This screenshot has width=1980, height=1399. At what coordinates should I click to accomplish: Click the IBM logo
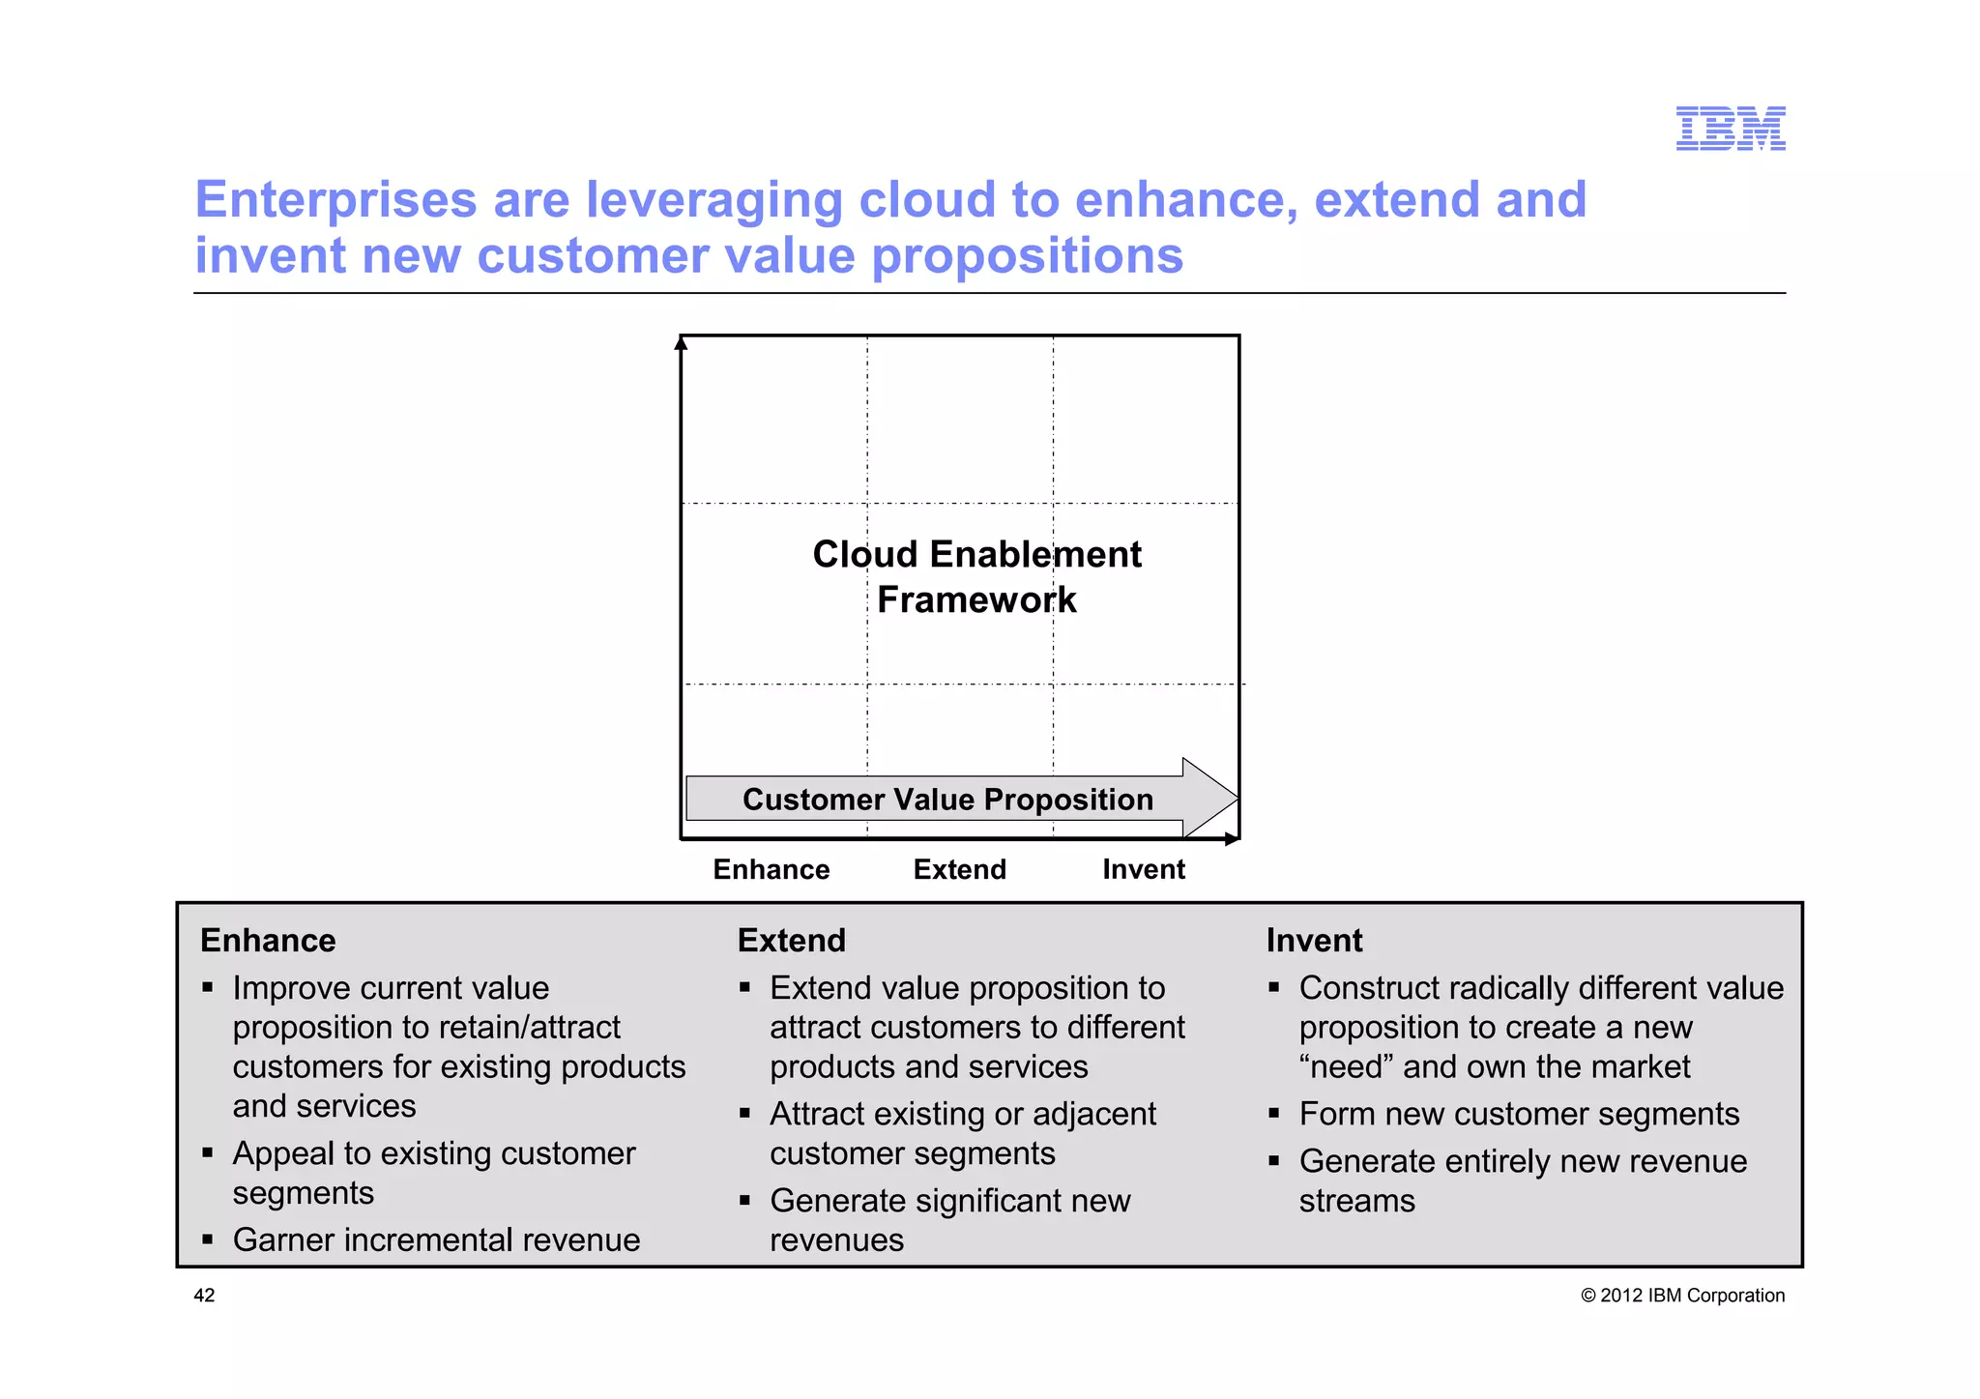(x=1730, y=129)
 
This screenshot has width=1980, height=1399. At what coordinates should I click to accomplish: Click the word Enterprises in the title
(x=335, y=200)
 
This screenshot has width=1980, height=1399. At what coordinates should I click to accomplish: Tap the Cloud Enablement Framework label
(x=976, y=577)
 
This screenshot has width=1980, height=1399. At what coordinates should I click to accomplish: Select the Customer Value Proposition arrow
(x=947, y=800)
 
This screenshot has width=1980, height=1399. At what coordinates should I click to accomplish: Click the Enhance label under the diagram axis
(x=771, y=869)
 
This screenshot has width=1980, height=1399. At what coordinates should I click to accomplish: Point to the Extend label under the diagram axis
(x=959, y=869)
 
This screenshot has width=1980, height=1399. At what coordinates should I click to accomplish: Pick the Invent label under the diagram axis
(x=1143, y=869)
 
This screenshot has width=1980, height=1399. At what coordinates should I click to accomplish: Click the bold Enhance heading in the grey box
(x=268, y=941)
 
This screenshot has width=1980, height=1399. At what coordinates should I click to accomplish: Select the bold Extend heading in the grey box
(x=791, y=941)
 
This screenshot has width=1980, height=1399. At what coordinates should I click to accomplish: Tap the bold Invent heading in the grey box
(x=1314, y=941)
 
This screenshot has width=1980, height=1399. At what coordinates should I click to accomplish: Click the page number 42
(x=205, y=1296)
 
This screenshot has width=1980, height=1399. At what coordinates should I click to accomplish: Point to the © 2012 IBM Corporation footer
(x=1682, y=1296)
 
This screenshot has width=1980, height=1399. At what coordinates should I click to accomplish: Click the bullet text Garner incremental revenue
(x=436, y=1239)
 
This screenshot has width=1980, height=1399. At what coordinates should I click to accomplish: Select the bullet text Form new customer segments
(x=1519, y=1114)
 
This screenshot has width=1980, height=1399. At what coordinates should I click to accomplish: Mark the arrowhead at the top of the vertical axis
(x=681, y=342)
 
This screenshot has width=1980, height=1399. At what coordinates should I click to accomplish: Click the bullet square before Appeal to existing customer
(x=207, y=1153)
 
